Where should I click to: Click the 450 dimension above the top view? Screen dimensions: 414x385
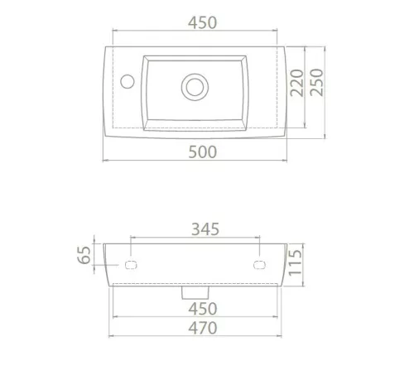[202, 22]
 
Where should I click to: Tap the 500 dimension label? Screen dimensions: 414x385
[202, 152]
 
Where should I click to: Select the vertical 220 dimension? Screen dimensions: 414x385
[296, 83]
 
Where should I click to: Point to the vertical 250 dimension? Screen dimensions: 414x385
[316, 82]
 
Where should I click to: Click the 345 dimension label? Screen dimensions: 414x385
[205, 229]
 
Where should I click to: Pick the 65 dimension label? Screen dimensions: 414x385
[84, 255]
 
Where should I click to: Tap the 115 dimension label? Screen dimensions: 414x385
[295, 262]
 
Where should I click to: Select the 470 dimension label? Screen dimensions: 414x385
[203, 328]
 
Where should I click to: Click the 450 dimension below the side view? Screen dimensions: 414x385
[203, 309]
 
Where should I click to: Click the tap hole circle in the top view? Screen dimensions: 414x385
[128, 81]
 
